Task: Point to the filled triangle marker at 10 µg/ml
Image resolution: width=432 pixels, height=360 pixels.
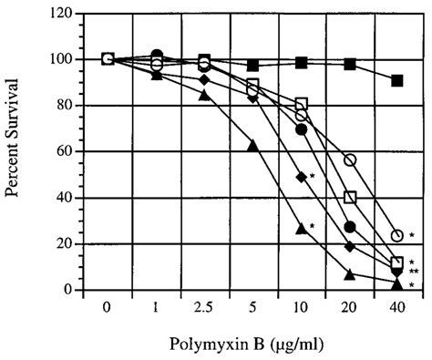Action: (301, 229)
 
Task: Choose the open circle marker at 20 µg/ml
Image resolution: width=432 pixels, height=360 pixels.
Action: (349, 160)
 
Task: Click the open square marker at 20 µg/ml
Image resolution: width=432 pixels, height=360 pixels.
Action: (349, 197)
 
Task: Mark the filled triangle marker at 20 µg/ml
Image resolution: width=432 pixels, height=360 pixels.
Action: (349, 273)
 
